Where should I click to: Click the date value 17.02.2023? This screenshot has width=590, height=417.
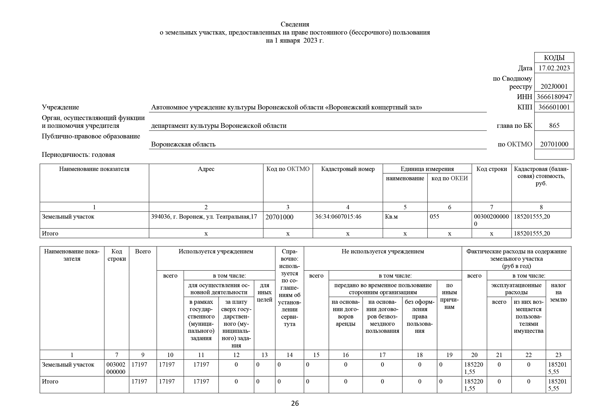click(x=554, y=68)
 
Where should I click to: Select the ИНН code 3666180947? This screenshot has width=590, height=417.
click(x=554, y=97)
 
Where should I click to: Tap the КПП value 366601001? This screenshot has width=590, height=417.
click(x=554, y=107)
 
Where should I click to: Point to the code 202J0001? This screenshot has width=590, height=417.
click(x=554, y=86)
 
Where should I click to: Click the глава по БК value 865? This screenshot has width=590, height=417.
click(x=554, y=126)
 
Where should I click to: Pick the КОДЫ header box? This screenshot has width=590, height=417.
click(x=554, y=57)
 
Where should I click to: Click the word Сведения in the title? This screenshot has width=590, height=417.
click(x=295, y=24)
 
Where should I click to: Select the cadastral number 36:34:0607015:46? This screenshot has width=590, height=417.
click(x=338, y=217)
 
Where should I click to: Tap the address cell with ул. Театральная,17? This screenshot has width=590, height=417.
click(x=204, y=217)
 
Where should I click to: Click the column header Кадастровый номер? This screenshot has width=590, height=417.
click(x=348, y=169)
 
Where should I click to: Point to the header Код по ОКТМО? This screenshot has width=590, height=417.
click(x=288, y=169)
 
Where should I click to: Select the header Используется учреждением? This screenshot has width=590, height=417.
click(x=216, y=252)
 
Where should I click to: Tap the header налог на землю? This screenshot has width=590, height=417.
click(x=558, y=292)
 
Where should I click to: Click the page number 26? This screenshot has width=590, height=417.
click(x=295, y=403)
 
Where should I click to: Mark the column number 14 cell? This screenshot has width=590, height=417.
click(x=289, y=355)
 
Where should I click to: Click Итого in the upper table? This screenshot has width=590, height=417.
click(x=50, y=233)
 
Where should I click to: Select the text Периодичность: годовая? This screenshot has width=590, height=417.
click(x=78, y=155)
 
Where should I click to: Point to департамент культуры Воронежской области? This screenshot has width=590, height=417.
click(x=218, y=126)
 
